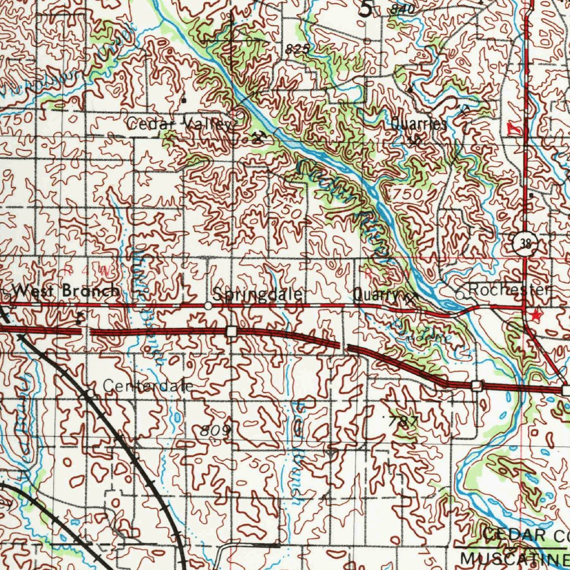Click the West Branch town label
[66, 290]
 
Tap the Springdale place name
[257, 295]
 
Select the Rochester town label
[510, 289]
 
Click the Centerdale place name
[148, 385]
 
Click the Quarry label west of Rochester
[376, 295]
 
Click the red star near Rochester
[536, 316]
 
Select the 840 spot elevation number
[402, 9]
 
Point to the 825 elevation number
[297, 50]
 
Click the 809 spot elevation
[212, 430]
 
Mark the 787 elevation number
[403, 421]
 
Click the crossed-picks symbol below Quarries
[414, 141]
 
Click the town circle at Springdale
[208, 306]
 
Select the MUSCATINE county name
[515, 558]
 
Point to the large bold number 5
[366, 9]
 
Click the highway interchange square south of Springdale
[232, 332]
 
